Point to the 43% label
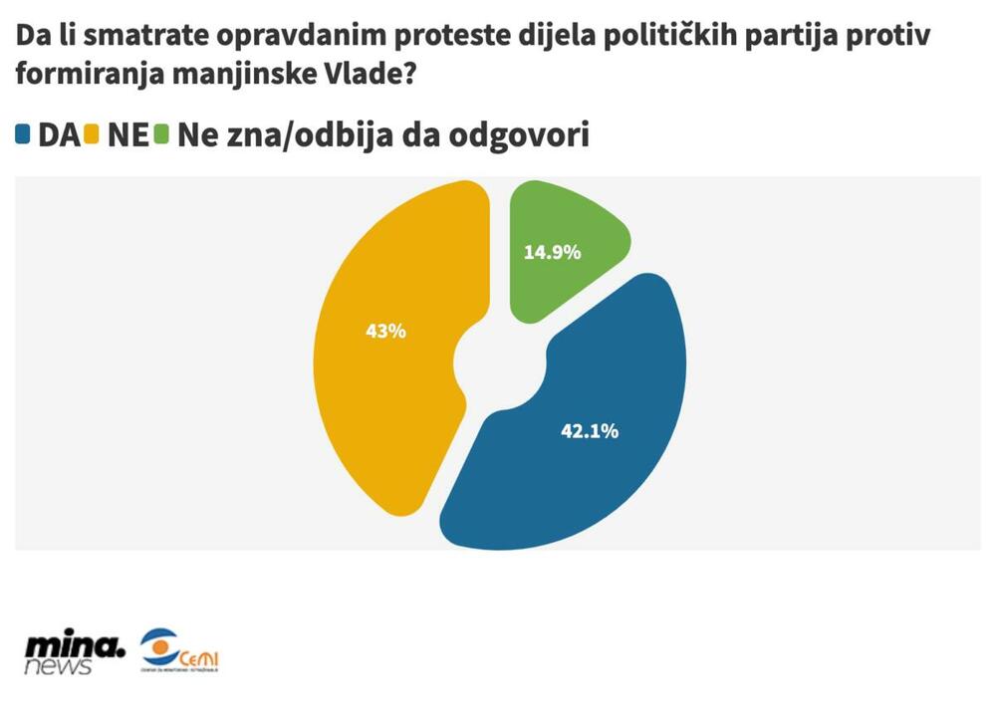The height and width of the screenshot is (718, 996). [385, 332]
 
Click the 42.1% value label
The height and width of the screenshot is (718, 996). [590, 431]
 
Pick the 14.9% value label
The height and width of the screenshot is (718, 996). [552, 252]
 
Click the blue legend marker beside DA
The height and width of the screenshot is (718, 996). [24, 134]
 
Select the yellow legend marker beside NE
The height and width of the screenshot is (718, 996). [93, 134]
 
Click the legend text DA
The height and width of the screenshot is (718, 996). [58, 135]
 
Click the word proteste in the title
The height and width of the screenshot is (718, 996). [454, 38]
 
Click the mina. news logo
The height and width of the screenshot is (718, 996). [76, 653]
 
